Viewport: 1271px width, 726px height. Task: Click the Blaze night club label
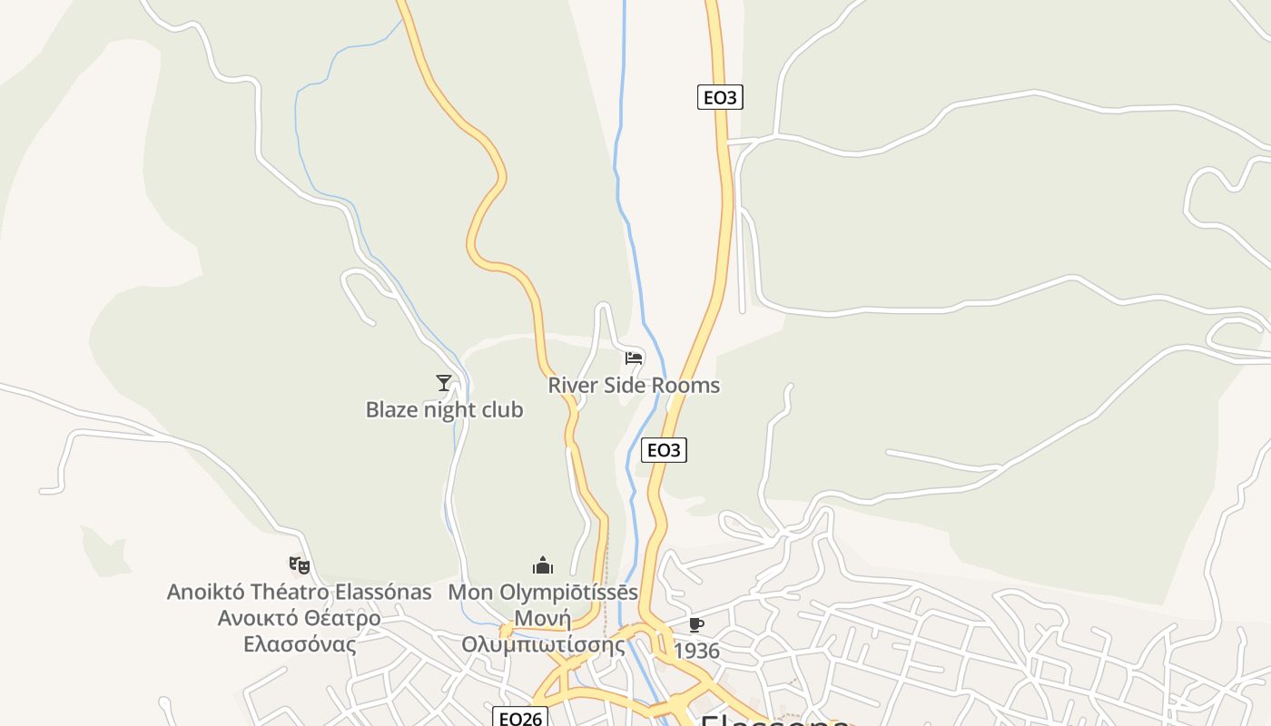coord(444,410)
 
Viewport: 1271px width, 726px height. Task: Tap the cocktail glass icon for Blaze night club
coord(444,383)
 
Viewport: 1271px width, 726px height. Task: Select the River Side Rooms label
coord(633,386)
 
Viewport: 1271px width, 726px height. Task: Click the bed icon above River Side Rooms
coord(634,358)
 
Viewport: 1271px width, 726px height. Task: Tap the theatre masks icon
coord(300,565)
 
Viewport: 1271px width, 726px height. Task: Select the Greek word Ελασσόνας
coord(300,645)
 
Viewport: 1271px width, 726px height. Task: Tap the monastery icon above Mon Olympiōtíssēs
coord(543,565)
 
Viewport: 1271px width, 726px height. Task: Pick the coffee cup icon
coord(695,624)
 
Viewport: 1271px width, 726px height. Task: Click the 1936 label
coord(696,651)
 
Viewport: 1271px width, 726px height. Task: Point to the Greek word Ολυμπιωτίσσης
coord(543,645)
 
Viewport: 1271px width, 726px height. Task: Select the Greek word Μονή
coord(543,619)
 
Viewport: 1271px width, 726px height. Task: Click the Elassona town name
coord(774,721)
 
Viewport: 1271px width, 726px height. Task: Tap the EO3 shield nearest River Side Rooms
coord(664,450)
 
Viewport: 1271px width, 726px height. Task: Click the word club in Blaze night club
coord(503,410)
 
